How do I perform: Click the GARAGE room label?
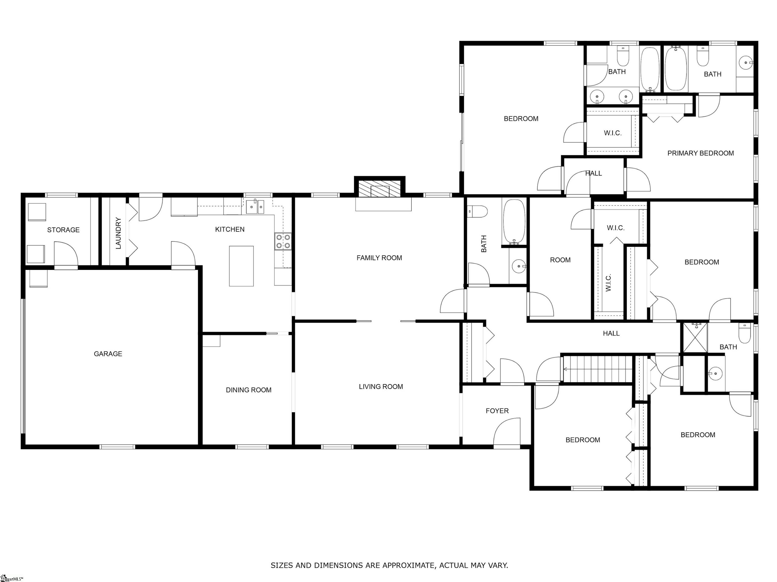pyautogui.click(x=108, y=354)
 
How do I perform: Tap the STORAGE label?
pyautogui.click(x=63, y=230)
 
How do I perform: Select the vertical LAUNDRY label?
pyautogui.click(x=118, y=233)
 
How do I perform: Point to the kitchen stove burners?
pyautogui.click(x=283, y=241)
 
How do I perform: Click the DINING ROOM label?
pyautogui.click(x=248, y=390)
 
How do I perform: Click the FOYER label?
pyautogui.click(x=497, y=411)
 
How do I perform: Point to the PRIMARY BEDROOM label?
pyautogui.click(x=700, y=153)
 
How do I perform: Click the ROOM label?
pyautogui.click(x=560, y=260)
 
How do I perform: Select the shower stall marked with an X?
pyautogui.click(x=695, y=338)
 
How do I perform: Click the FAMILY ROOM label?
pyautogui.click(x=379, y=258)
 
